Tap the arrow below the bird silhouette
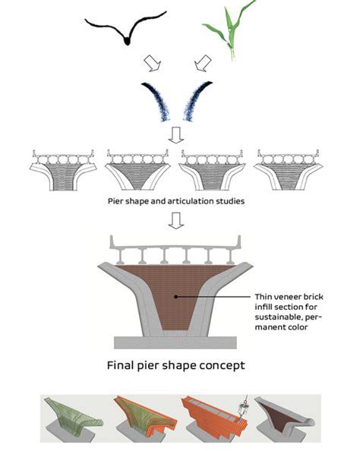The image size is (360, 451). tap(152, 63)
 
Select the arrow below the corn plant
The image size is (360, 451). tap(203, 63)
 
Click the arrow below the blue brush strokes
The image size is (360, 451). tap(176, 135)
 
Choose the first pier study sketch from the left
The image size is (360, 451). tap(63, 170)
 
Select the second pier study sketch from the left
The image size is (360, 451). tap(137, 170)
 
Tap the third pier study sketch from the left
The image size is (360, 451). tap(212, 170)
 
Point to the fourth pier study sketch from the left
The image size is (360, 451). tap(288, 170)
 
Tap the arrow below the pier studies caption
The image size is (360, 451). tap(176, 221)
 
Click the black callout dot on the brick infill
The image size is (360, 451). tap(176, 297)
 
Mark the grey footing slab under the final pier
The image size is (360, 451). tap(175, 342)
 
